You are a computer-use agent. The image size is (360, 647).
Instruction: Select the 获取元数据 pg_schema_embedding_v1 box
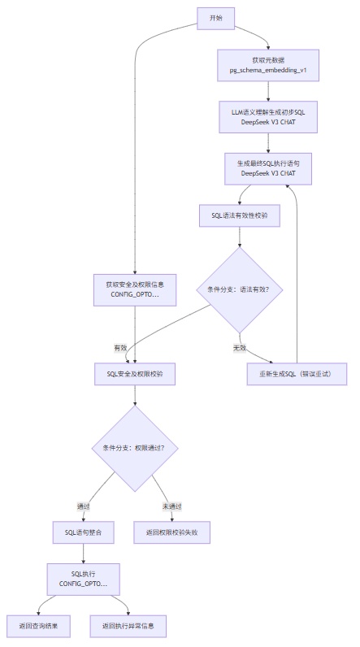267,66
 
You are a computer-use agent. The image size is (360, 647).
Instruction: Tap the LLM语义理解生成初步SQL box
267,116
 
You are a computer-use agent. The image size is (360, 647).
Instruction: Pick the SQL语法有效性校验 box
239,216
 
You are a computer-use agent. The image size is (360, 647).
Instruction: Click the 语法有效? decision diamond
239,289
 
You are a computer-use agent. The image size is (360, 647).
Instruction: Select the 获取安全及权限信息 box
134,289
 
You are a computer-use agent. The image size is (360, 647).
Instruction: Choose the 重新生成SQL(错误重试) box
297,373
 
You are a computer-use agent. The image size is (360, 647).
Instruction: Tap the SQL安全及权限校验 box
134,373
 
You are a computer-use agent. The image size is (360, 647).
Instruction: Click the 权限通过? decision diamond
134,448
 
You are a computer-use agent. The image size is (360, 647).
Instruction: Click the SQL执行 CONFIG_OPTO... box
84,580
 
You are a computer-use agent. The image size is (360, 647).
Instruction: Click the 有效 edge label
120,347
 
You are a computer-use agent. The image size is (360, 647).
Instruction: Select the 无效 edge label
239,347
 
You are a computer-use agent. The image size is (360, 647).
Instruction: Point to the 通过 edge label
84,506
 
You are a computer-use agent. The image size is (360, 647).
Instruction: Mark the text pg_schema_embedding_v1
267,72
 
